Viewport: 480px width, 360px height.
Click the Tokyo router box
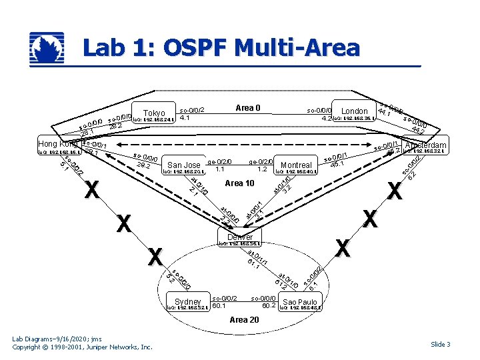(x=154, y=114)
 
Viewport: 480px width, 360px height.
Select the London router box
(x=355, y=112)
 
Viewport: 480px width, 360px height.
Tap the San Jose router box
(x=184, y=165)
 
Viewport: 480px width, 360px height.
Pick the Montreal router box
(x=297, y=165)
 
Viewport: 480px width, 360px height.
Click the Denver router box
(x=240, y=237)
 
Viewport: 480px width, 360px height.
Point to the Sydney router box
(x=187, y=302)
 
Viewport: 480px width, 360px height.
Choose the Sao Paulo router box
(x=299, y=303)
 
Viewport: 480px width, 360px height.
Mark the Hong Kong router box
(x=59, y=144)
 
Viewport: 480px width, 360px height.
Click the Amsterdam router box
(x=425, y=146)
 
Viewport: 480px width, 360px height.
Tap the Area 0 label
(x=247, y=107)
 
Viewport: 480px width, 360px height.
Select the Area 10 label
(x=240, y=183)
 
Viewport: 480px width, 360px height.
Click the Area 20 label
(x=244, y=320)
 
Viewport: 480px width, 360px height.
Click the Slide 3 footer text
(x=441, y=344)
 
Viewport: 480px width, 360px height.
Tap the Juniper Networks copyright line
(x=83, y=347)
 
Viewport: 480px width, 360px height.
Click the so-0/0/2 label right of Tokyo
(x=192, y=110)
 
